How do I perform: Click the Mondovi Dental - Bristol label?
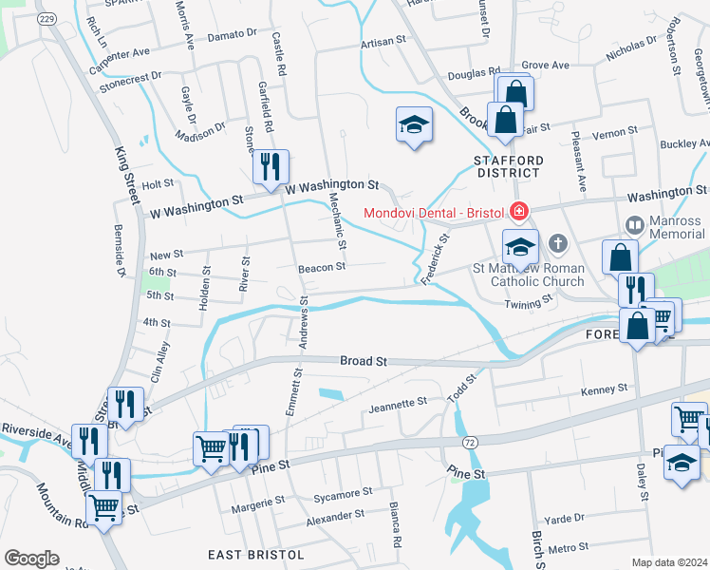[x=434, y=209]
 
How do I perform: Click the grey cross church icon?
[x=557, y=244]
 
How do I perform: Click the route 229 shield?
[x=45, y=19]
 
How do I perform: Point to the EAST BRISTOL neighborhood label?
[x=256, y=554]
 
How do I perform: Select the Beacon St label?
[x=321, y=268]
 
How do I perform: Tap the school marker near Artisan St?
[x=413, y=124]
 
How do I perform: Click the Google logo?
[x=31, y=559]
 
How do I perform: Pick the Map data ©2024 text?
[x=669, y=562]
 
